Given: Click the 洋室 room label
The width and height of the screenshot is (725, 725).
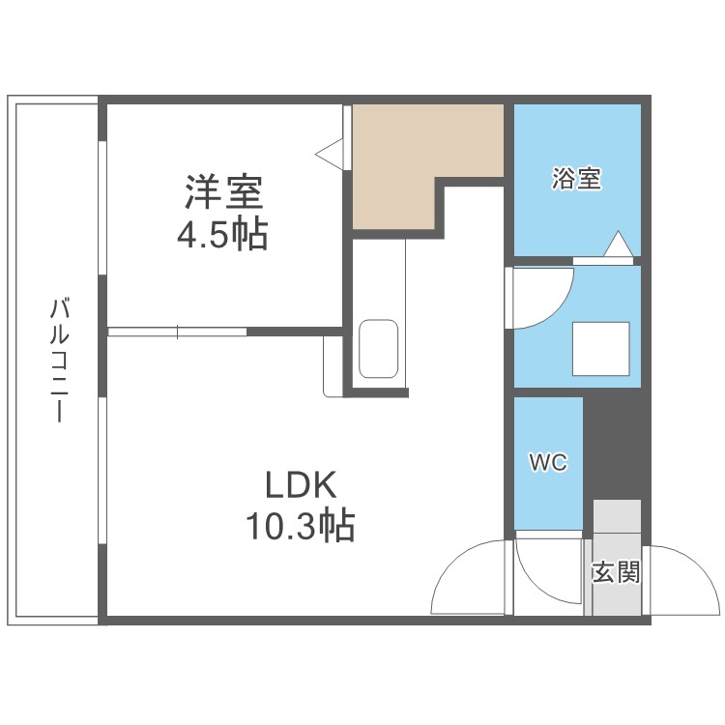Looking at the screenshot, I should click(x=224, y=191).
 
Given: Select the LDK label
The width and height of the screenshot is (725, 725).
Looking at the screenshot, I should click(x=300, y=482).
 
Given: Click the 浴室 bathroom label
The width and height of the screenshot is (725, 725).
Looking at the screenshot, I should click(x=576, y=179).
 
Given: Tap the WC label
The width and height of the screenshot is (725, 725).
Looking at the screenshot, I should click(x=547, y=463).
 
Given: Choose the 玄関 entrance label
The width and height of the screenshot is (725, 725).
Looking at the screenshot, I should click(x=616, y=572).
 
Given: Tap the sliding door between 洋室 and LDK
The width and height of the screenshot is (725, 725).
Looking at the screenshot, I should click(x=178, y=332).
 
